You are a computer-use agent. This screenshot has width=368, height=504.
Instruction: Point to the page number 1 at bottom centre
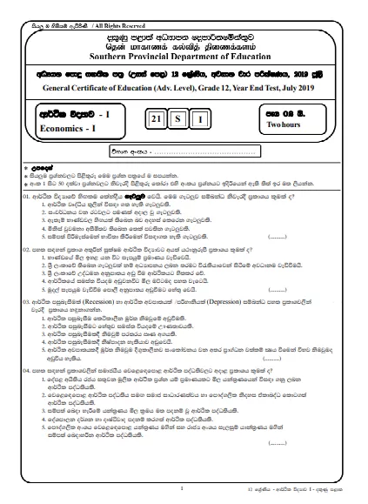pyautogui.click(x=181, y=489)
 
